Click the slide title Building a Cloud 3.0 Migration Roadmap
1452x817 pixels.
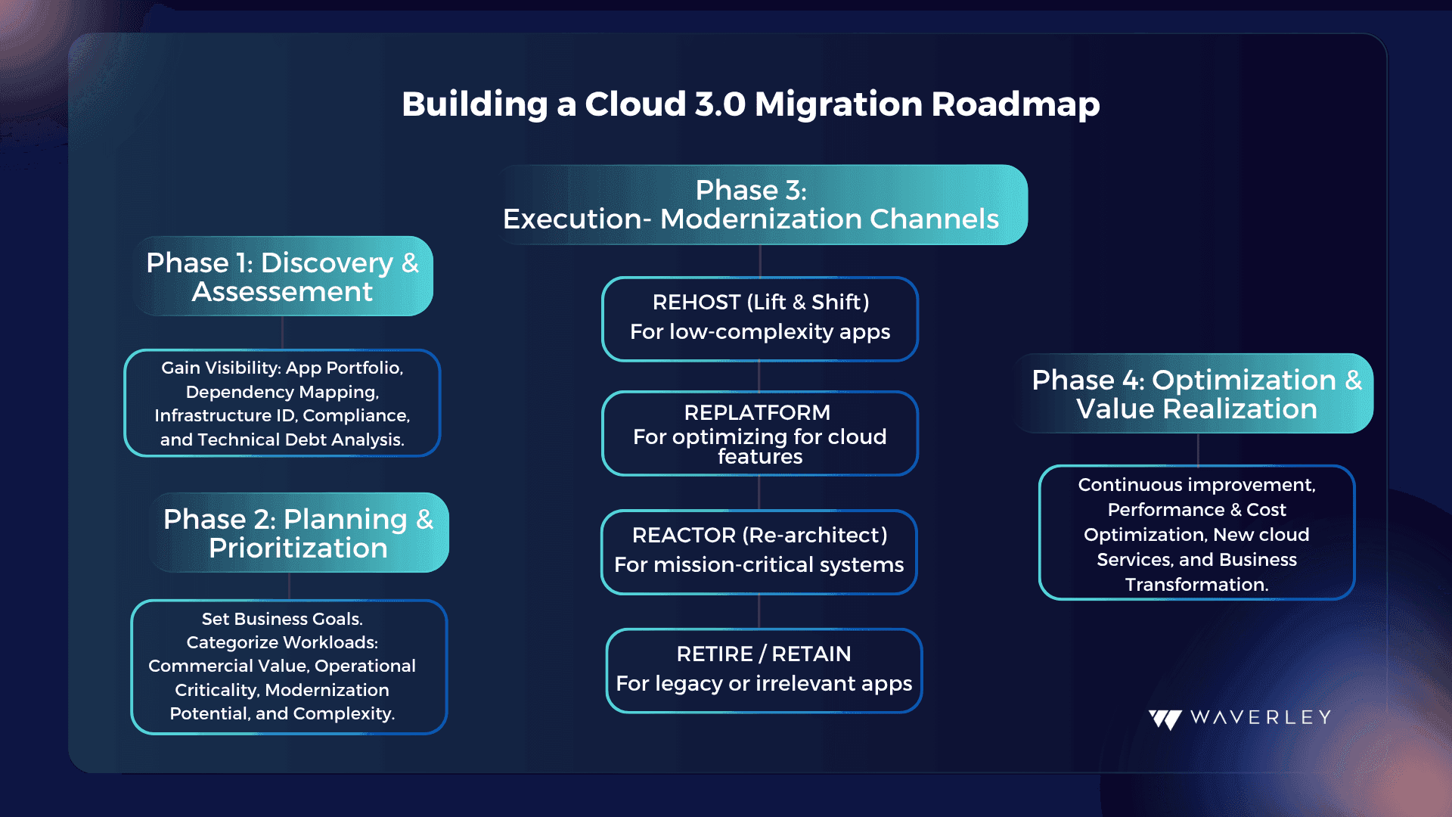[x=750, y=104]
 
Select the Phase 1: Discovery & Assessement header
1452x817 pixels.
[x=283, y=276]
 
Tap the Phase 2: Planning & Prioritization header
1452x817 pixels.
[x=299, y=533]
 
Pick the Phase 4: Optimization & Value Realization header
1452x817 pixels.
[x=1195, y=393]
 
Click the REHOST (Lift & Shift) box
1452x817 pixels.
[x=760, y=319]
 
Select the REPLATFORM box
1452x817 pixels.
[x=760, y=433]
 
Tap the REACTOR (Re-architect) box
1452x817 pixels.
[x=759, y=552]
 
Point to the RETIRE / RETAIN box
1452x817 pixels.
[x=764, y=671]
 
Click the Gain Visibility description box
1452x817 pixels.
[x=282, y=403]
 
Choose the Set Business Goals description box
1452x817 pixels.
[x=289, y=666]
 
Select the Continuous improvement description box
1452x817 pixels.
[x=1197, y=533]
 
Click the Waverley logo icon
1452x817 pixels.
[x=1165, y=719]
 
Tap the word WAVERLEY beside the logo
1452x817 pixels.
[x=1261, y=717]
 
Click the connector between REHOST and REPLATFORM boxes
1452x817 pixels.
[x=759, y=377]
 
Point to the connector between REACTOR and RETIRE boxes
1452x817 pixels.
[x=759, y=612]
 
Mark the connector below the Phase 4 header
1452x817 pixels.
[x=1198, y=449]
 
